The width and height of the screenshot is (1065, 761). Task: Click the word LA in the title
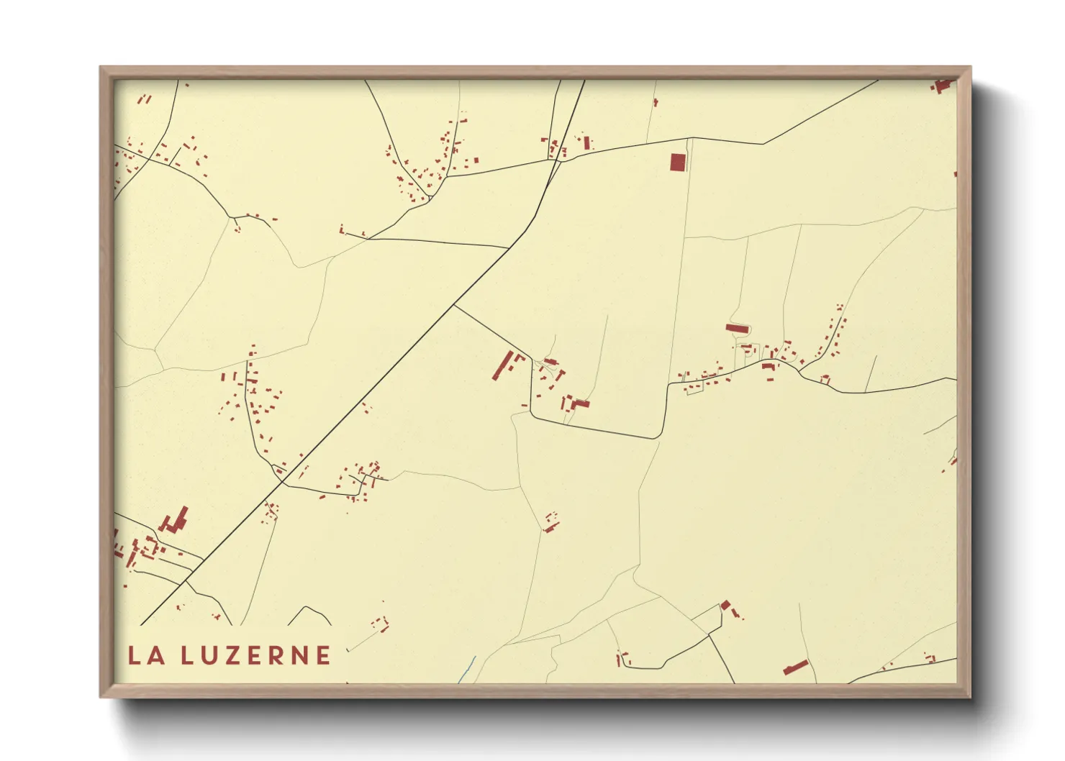pos(146,655)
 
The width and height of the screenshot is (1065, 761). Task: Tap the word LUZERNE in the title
pos(255,655)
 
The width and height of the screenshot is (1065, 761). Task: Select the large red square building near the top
pos(677,163)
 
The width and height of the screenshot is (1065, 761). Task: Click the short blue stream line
pos(468,669)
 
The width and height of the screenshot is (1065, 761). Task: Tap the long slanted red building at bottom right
pos(796,667)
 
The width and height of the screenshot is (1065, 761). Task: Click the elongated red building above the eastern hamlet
pos(738,329)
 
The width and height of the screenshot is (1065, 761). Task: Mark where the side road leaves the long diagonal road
pos(455,306)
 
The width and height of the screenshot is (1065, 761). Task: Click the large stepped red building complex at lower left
pos(175,521)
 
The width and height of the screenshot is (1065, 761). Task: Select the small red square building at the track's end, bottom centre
pos(725,605)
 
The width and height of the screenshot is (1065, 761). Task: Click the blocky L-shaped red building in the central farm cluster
pos(579,404)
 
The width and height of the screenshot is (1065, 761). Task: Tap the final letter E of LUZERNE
pos(323,655)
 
